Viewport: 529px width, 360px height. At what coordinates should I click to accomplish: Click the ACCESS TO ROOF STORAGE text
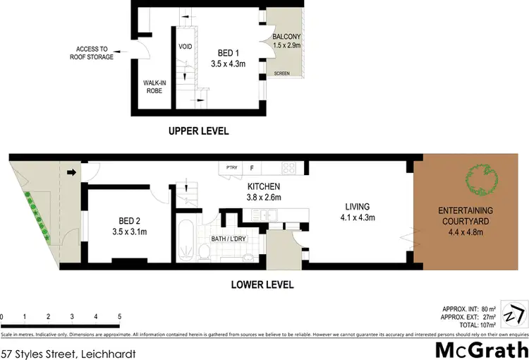coord(91,53)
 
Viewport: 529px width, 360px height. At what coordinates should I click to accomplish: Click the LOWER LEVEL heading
coord(262,285)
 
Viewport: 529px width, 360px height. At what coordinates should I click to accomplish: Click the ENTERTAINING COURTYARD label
coord(466,215)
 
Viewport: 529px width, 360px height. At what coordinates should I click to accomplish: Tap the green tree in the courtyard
coord(478,177)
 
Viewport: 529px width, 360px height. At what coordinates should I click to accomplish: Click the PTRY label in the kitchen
coord(231,167)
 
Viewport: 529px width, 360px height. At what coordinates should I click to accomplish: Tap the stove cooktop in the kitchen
coord(289,167)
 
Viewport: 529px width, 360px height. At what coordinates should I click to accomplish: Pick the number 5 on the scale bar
coord(120,316)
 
